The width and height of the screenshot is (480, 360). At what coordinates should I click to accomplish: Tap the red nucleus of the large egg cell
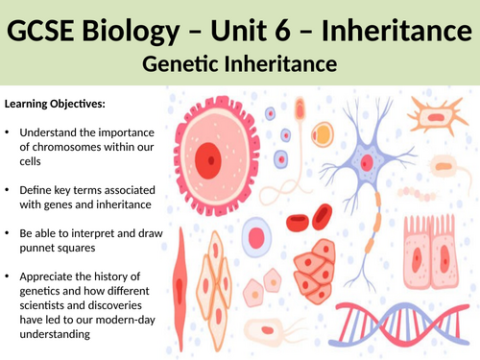(x=207, y=156)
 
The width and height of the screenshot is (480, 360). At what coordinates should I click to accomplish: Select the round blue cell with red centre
(x=256, y=235)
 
